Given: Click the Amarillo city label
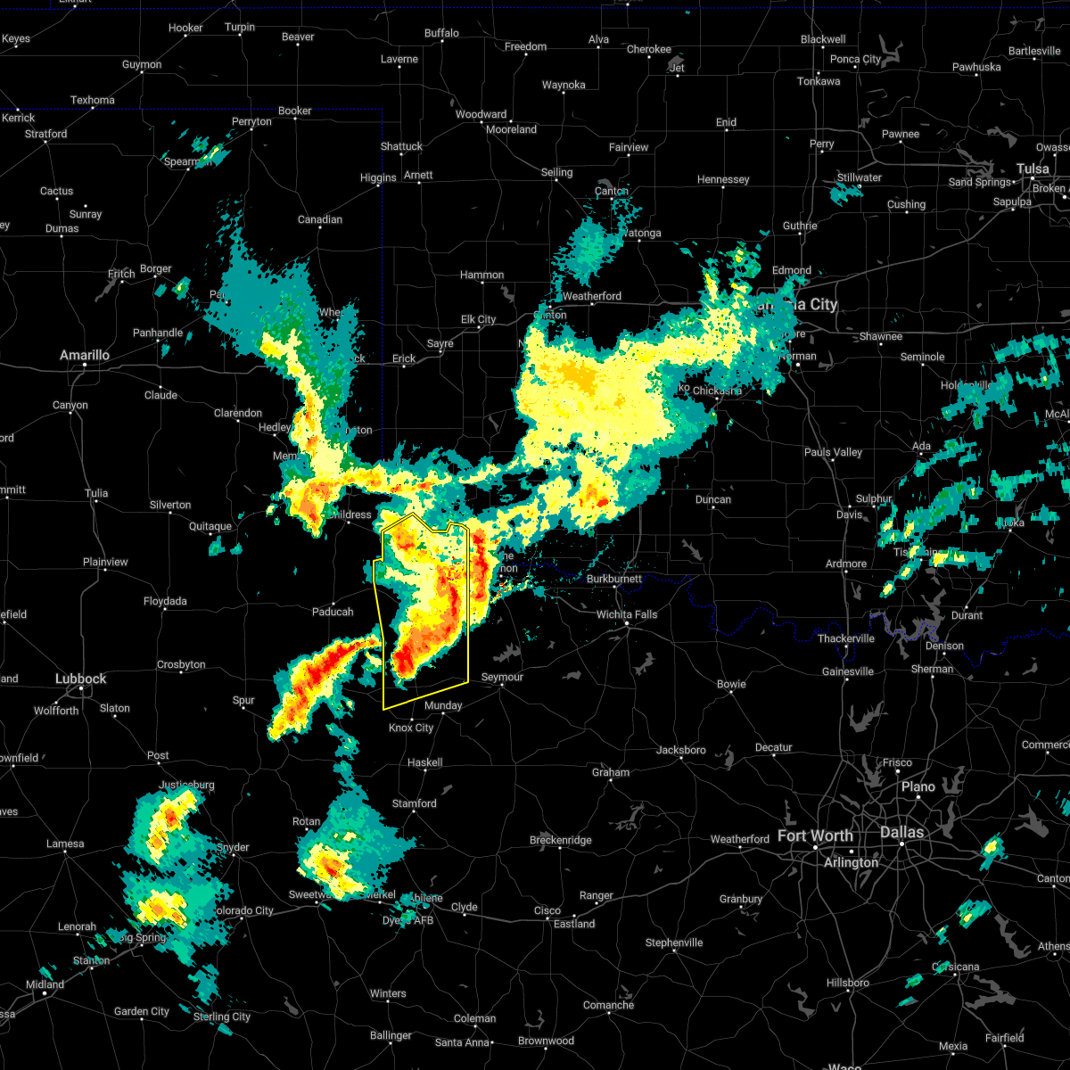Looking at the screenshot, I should [85, 356].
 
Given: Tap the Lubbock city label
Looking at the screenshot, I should [80, 679].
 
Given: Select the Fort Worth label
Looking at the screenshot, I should [815, 836].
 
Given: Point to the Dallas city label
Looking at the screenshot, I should [902, 832].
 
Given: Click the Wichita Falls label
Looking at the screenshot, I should [627, 614].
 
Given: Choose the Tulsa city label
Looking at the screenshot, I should [1033, 169].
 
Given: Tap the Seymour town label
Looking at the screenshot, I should [502, 678].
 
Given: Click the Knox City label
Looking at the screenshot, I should [411, 728].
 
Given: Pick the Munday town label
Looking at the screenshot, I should [443, 705].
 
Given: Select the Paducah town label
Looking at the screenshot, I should [333, 612].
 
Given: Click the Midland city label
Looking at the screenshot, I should [45, 984].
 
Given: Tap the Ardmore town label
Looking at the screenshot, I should [846, 564].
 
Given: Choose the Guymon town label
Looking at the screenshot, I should [142, 64].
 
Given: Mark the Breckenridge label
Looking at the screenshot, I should [560, 840].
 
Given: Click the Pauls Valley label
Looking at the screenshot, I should [833, 452].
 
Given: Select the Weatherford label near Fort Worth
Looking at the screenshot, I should [739, 839].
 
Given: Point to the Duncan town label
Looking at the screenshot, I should [713, 500].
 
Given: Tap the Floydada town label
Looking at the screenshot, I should [165, 602].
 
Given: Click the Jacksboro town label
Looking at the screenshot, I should [681, 750].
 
